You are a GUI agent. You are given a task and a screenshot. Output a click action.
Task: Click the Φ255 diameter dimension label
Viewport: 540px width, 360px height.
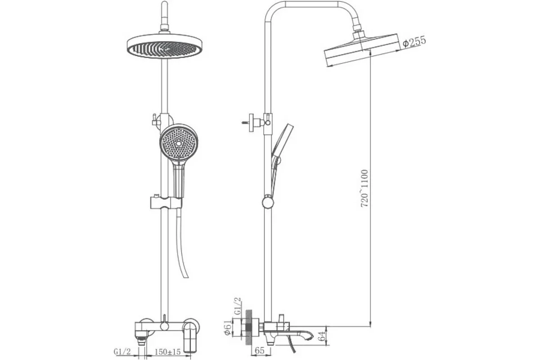[x=414, y=41]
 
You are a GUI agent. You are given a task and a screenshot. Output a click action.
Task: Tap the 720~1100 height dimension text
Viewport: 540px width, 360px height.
[x=364, y=189]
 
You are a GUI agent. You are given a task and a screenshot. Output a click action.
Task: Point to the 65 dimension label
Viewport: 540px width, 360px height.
[x=260, y=351]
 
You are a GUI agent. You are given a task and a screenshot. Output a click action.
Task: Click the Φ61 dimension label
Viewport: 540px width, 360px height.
[x=228, y=328]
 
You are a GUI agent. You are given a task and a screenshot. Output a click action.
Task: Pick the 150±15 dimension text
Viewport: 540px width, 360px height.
[x=168, y=352]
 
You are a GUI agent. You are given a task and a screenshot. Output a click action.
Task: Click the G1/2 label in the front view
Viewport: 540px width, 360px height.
[x=122, y=352]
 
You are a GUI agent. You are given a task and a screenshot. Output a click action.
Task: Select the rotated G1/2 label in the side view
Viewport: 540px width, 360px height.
[x=238, y=306]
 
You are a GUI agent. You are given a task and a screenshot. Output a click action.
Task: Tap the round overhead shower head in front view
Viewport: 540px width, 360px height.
[x=164, y=46]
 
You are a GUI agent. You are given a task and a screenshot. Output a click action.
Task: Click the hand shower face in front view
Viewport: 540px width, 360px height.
[x=179, y=144]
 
